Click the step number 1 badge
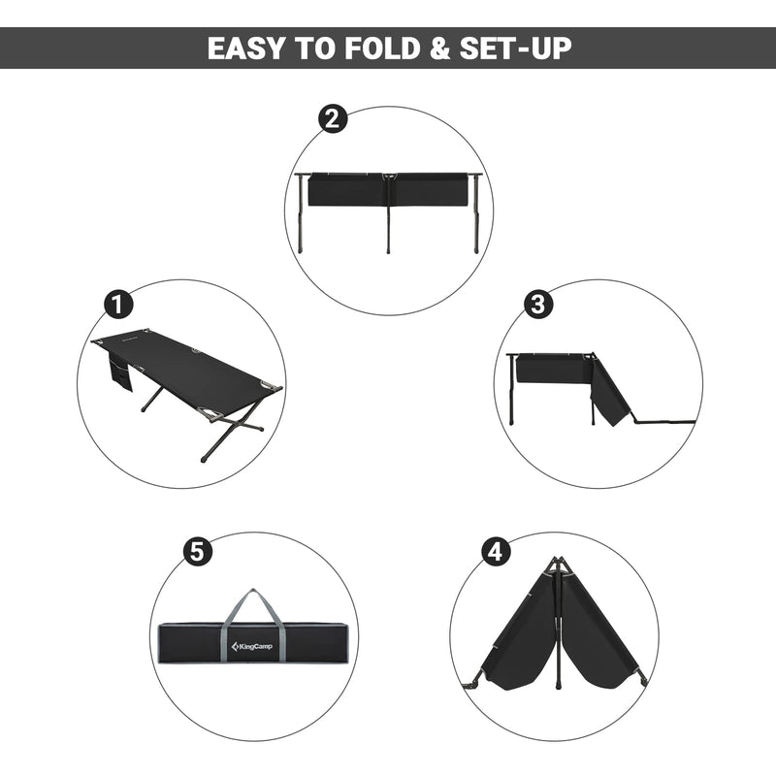pyautogui.click(x=118, y=304)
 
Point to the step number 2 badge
pyautogui.click(x=333, y=119)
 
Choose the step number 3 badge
pyautogui.click(x=539, y=304)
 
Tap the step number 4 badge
pyautogui.click(x=496, y=552)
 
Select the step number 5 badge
pyautogui.click(x=197, y=552)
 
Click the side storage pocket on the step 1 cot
pyautogui.click(x=119, y=372)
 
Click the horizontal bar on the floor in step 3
pyautogui.click(x=664, y=422)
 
